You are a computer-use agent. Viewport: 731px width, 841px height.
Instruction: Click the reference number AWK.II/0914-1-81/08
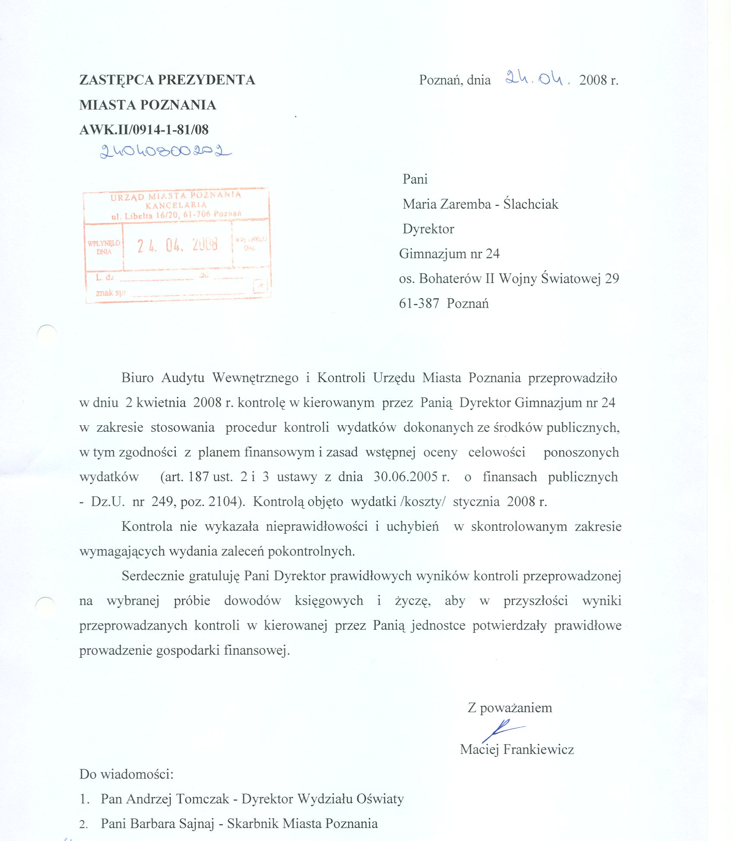click(x=144, y=130)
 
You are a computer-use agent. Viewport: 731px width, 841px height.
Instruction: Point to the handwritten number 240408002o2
click(x=165, y=151)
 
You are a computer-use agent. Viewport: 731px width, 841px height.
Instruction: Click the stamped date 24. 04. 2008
click(x=177, y=245)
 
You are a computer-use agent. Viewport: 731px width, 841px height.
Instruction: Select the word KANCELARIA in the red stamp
click(x=176, y=205)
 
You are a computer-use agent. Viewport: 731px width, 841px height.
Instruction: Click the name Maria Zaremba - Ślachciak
click(x=480, y=204)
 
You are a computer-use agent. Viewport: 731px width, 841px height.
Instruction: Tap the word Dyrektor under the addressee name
click(x=428, y=229)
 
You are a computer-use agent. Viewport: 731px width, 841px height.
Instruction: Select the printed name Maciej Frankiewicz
click(x=517, y=749)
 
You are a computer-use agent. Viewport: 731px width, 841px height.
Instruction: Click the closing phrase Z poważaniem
click(x=510, y=708)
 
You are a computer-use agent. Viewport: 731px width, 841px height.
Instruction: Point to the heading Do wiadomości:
click(x=126, y=774)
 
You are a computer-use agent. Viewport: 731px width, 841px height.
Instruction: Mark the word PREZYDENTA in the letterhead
click(x=206, y=80)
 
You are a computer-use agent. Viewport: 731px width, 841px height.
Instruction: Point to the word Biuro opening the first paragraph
click(x=137, y=378)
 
